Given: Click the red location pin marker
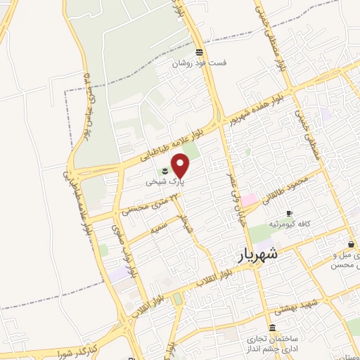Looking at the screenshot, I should (181, 165).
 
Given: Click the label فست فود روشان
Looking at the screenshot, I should (201, 63).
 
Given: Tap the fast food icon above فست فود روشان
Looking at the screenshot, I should (200, 52).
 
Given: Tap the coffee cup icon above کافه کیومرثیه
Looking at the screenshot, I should (289, 213).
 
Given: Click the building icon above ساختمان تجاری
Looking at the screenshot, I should (272, 327).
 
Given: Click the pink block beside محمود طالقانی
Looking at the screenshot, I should (250, 200).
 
